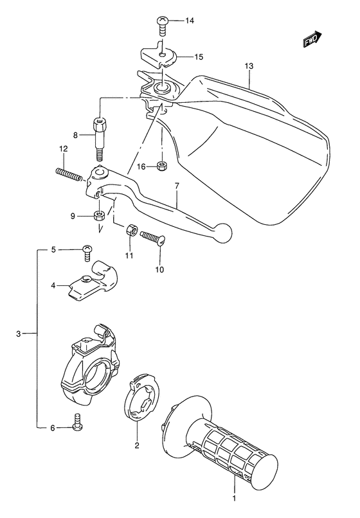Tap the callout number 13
(x=249, y=67)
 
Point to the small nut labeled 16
(x=163, y=166)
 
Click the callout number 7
(x=176, y=186)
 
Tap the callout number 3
(x=19, y=333)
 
